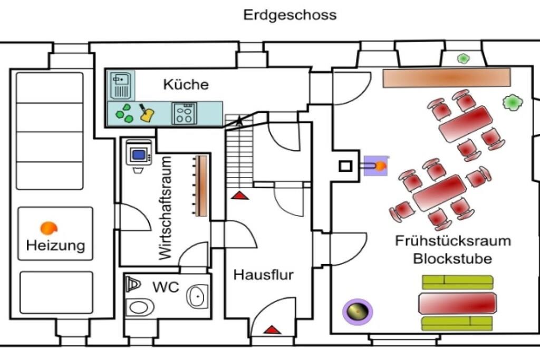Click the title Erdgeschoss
(x=290, y=15)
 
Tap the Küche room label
(x=186, y=84)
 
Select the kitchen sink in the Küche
(x=121, y=86)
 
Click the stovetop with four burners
(x=184, y=113)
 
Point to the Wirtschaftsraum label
(x=166, y=208)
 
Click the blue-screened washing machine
(x=140, y=154)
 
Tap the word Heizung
(x=55, y=245)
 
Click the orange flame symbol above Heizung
(x=49, y=228)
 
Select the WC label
(x=166, y=287)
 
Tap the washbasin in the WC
(x=197, y=297)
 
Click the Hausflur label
(x=264, y=275)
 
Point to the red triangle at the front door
(x=272, y=330)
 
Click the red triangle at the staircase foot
(x=240, y=196)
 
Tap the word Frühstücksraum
(x=453, y=241)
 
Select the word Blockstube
(x=452, y=259)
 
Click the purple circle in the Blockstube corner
(x=357, y=312)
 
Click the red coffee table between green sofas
(x=457, y=303)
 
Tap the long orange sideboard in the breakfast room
(x=446, y=77)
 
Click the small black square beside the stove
(x=345, y=167)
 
